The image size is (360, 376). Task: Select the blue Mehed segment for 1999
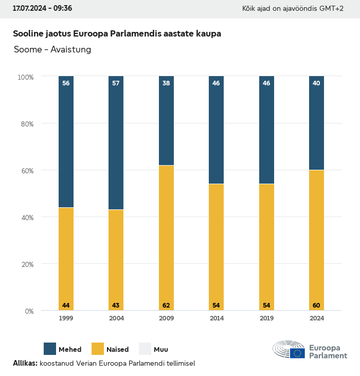(x=66, y=142)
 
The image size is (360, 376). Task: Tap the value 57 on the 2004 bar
(x=116, y=83)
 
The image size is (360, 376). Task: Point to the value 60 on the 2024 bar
(x=316, y=306)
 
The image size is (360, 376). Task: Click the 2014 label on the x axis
(x=216, y=318)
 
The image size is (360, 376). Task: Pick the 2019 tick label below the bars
(x=266, y=318)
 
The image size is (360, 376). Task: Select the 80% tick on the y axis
(x=26, y=124)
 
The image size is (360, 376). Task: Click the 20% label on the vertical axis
(x=26, y=264)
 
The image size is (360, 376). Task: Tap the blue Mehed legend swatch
(x=50, y=349)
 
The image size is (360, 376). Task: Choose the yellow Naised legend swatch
(x=98, y=349)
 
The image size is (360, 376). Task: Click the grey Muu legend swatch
(x=145, y=349)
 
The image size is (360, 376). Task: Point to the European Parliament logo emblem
(x=289, y=349)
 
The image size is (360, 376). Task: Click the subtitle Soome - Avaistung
(x=52, y=49)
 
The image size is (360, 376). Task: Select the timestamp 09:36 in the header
(x=62, y=9)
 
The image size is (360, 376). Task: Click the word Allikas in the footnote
(x=25, y=363)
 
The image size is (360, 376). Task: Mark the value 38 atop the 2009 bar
(x=166, y=83)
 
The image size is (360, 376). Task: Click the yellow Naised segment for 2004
(x=116, y=260)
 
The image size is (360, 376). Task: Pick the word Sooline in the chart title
(x=28, y=34)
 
